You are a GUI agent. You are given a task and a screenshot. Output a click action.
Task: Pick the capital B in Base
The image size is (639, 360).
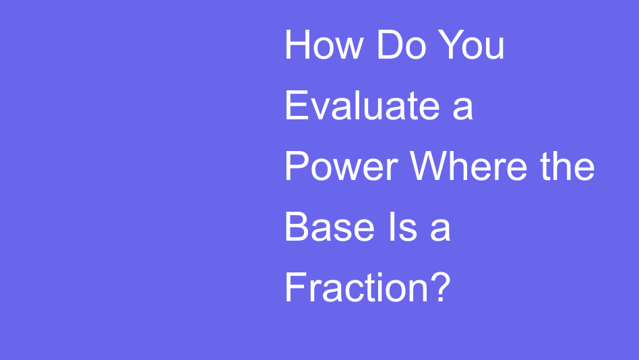click(297, 227)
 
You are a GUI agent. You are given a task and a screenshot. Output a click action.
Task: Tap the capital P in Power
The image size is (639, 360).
click(297, 167)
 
